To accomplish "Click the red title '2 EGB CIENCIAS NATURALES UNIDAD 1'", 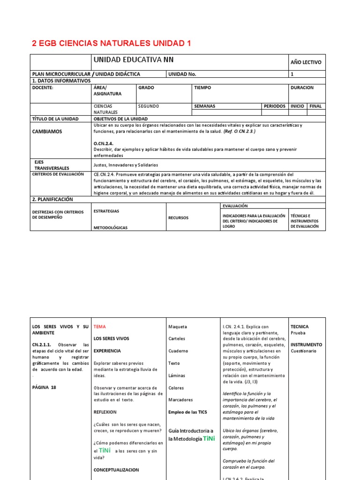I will coord(111,44).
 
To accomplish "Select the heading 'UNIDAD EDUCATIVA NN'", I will coord(134,60).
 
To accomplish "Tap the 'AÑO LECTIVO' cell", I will coord(306,62).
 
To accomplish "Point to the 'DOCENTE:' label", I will coord(43,88).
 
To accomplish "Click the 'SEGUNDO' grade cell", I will coord(149,106).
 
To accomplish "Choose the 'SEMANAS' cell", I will coord(204,106).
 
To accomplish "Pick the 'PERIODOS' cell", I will coord(274,106).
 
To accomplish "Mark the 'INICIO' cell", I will coord(297,106).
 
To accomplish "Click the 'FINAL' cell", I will coord(315,106).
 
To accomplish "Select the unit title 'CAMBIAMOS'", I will coord(47,132).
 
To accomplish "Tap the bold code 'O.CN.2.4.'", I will coord(104,143).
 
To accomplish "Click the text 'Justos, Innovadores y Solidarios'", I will coord(126,165).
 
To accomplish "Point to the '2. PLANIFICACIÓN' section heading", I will coord(52,199).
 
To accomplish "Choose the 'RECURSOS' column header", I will coord(178,218).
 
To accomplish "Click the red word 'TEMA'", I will coord(100,326).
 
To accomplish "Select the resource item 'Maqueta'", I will coord(177,327).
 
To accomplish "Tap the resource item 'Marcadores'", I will coord(180,400).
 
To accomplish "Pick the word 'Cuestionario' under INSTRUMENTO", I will coord(303,351).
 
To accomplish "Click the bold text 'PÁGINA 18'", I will coord(44,387).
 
